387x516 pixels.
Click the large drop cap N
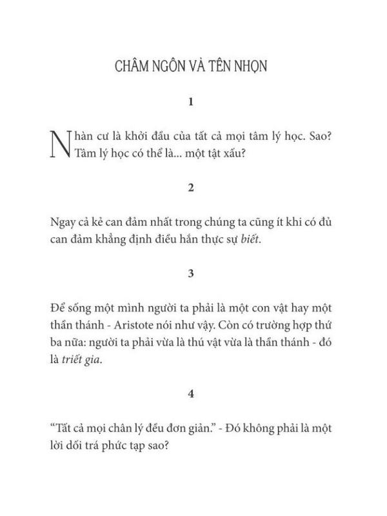pos(60,145)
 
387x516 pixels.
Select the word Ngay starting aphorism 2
pos(62,223)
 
